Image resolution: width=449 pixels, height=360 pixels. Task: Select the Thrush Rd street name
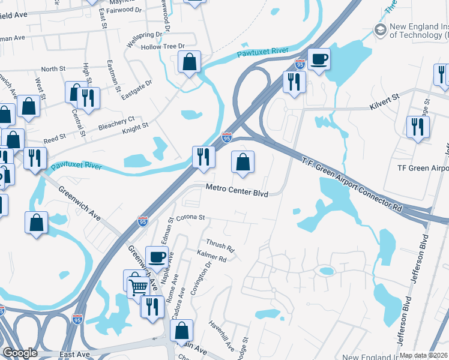click(x=220, y=246)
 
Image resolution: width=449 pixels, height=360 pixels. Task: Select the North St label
click(x=53, y=70)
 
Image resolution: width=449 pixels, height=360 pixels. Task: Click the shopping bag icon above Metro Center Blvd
click(x=243, y=161)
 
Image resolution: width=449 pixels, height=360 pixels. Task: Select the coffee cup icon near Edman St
click(x=157, y=256)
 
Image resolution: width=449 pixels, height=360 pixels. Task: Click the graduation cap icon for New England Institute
click(x=379, y=29)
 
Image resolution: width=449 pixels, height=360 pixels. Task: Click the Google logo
click(x=20, y=353)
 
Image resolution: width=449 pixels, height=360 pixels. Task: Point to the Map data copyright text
click(x=424, y=355)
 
